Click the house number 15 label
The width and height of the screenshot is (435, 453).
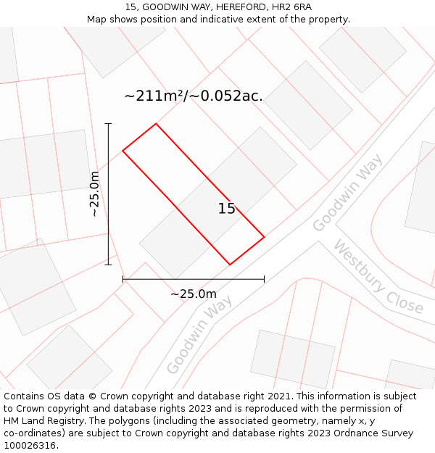tap(227, 209)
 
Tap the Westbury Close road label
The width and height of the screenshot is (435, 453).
tap(378, 277)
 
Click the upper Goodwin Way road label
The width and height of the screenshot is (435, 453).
tap(348, 194)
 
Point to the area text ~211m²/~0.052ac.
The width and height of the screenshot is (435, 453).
tap(194, 96)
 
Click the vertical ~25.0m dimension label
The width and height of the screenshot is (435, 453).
tap(94, 194)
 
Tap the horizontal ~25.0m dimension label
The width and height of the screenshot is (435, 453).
tap(194, 294)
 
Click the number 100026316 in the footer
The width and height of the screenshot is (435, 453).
tap(30, 446)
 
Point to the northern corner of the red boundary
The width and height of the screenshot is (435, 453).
tap(156, 124)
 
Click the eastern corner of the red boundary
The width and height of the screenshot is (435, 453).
tap(264, 236)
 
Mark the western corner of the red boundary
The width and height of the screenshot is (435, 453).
tap(123, 151)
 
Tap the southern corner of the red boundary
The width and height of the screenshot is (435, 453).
tap(230, 265)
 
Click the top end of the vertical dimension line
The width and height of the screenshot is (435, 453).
tap(108, 124)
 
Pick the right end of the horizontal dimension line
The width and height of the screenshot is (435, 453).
tap(264, 278)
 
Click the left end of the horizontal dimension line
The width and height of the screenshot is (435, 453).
tap(123, 278)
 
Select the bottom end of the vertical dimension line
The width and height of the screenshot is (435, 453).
tap(108, 265)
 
